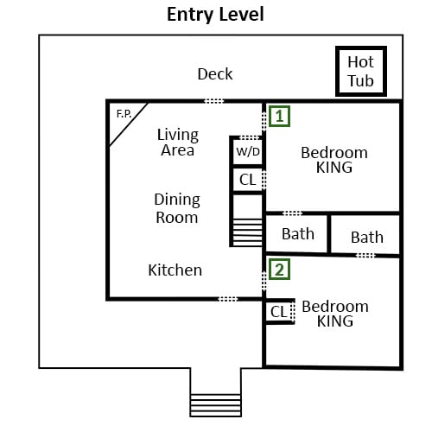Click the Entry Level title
tap(215, 15)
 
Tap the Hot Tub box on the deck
tap(361, 71)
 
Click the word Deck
tap(215, 74)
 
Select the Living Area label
tap(178, 143)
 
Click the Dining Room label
tap(177, 208)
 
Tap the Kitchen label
tap(175, 270)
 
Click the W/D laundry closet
tap(248, 151)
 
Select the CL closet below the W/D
tap(248, 180)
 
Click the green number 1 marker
tap(279, 116)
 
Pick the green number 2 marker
tap(279, 270)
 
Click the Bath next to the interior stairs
tap(298, 233)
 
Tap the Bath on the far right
tap(367, 238)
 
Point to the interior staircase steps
tap(247, 232)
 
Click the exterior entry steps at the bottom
tap(215, 405)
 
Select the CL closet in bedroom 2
tap(278, 312)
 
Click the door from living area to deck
tap(213, 101)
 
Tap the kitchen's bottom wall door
tap(227, 299)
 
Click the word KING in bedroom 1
tap(334, 168)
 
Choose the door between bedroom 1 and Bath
tap(292, 213)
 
